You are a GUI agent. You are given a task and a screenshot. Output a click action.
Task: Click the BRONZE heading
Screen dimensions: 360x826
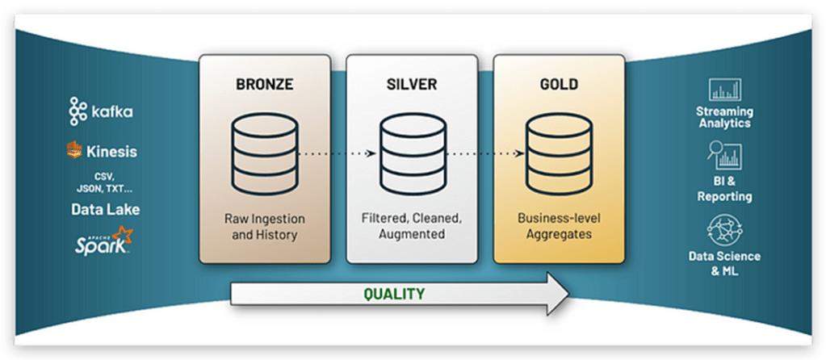click(264, 82)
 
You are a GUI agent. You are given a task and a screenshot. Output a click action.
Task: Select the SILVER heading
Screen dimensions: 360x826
click(412, 82)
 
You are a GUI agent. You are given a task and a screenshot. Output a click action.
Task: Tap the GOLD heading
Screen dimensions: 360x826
click(558, 82)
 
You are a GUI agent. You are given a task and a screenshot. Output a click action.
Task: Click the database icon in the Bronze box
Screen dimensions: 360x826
click(264, 153)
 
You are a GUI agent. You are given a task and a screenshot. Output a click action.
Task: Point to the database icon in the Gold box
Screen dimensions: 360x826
click(558, 153)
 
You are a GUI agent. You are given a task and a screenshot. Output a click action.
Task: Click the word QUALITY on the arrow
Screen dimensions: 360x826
click(394, 294)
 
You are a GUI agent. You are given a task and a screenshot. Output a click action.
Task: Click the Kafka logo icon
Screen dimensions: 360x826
click(78, 111)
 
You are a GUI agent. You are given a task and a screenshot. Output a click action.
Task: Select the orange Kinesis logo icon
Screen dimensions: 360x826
click(75, 150)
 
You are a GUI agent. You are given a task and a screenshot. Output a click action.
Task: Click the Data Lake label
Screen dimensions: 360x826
click(104, 209)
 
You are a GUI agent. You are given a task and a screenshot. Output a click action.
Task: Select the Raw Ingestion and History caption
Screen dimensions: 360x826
click(264, 226)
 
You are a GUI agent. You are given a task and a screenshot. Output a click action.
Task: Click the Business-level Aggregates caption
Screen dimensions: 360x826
click(558, 226)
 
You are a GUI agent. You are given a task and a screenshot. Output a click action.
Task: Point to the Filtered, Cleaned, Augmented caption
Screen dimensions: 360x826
click(412, 226)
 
